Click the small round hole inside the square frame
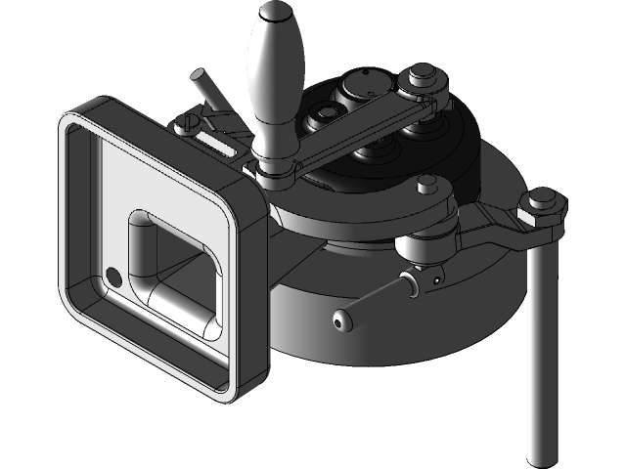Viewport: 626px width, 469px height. click(113, 276)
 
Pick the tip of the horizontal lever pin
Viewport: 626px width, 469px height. click(340, 320)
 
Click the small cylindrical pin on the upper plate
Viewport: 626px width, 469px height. click(425, 184)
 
